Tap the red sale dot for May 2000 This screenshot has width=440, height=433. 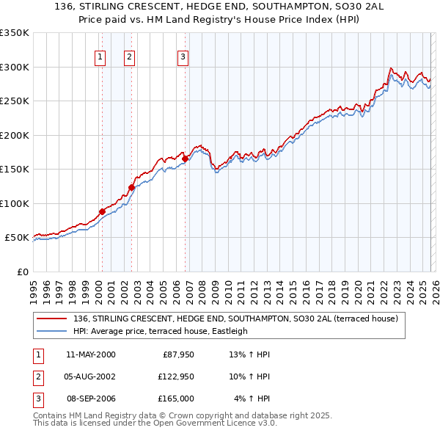click(x=102, y=211)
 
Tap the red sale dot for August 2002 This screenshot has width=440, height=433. click(x=131, y=187)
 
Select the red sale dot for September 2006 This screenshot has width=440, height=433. click(x=185, y=159)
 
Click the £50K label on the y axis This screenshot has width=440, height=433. click(x=15, y=238)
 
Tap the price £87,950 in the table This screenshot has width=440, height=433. click(x=177, y=354)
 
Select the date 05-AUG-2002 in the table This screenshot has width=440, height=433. click(x=91, y=376)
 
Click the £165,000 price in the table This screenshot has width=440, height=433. click(x=177, y=399)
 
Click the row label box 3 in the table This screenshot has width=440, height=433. click(x=36, y=399)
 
